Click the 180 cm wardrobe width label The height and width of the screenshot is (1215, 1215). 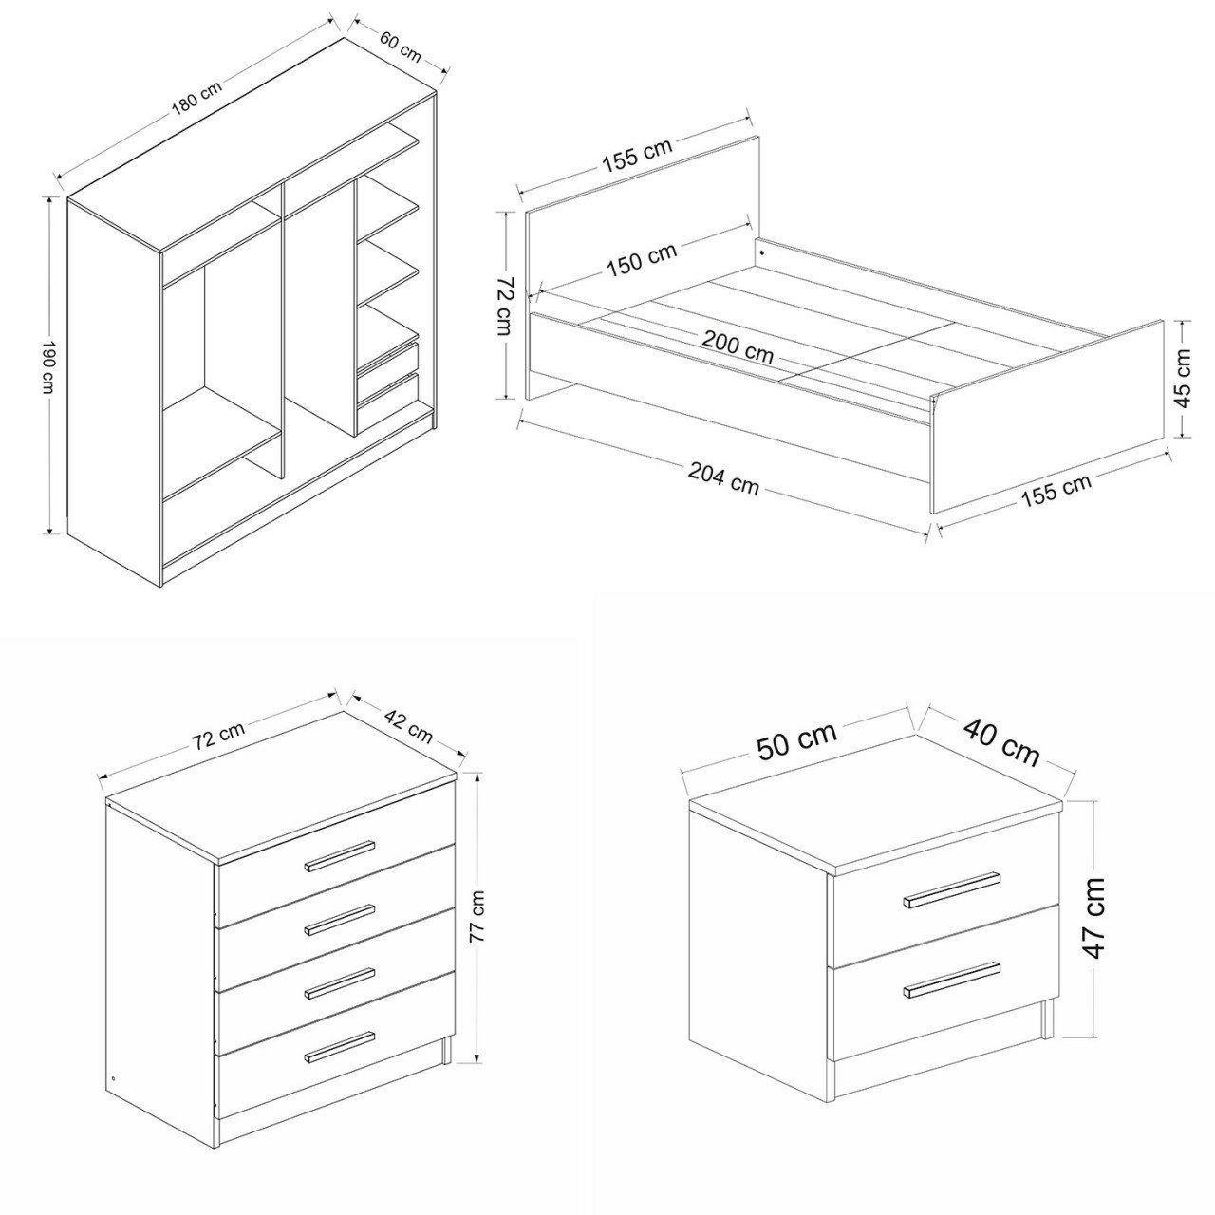click(x=197, y=99)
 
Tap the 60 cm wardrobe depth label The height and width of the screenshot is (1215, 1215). click(x=401, y=46)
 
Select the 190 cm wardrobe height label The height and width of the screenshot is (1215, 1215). click(x=48, y=367)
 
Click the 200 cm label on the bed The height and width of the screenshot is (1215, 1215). click(x=738, y=346)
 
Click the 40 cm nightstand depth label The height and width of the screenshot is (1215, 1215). click(x=1001, y=743)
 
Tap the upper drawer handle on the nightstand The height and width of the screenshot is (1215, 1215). click(x=952, y=889)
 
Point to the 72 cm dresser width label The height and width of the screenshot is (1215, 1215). click(x=218, y=734)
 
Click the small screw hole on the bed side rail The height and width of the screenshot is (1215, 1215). click(x=762, y=252)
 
